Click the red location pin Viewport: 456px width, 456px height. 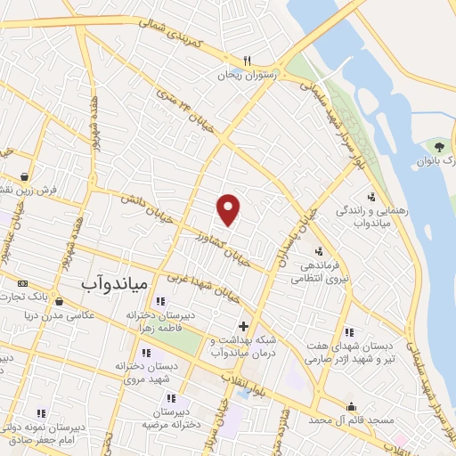click(x=230, y=208)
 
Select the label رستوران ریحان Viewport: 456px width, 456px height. click(x=249, y=76)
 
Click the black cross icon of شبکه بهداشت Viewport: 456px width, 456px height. click(x=243, y=326)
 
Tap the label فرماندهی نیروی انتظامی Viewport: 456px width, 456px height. click(x=319, y=272)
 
